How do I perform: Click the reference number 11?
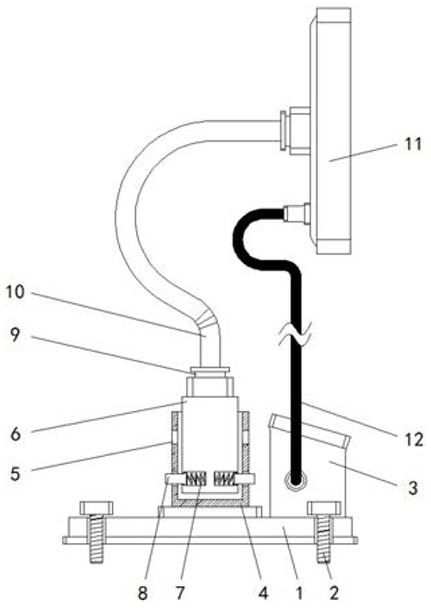413,144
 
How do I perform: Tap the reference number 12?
414,440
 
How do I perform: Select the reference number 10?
16,292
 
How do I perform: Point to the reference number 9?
15,335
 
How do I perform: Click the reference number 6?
16,434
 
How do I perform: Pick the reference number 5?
15,473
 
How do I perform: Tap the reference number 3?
413,488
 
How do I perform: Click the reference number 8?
143,594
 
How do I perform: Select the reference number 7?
179,594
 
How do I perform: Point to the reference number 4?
264,594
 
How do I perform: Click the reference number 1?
299,594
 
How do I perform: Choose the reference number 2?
334,594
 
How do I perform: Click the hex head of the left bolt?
97,509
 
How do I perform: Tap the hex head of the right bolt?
324,509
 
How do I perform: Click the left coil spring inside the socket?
196,478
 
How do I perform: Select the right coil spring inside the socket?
224,478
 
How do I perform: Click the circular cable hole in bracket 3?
296,478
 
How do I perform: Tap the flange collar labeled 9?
209,370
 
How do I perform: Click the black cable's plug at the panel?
297,214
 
